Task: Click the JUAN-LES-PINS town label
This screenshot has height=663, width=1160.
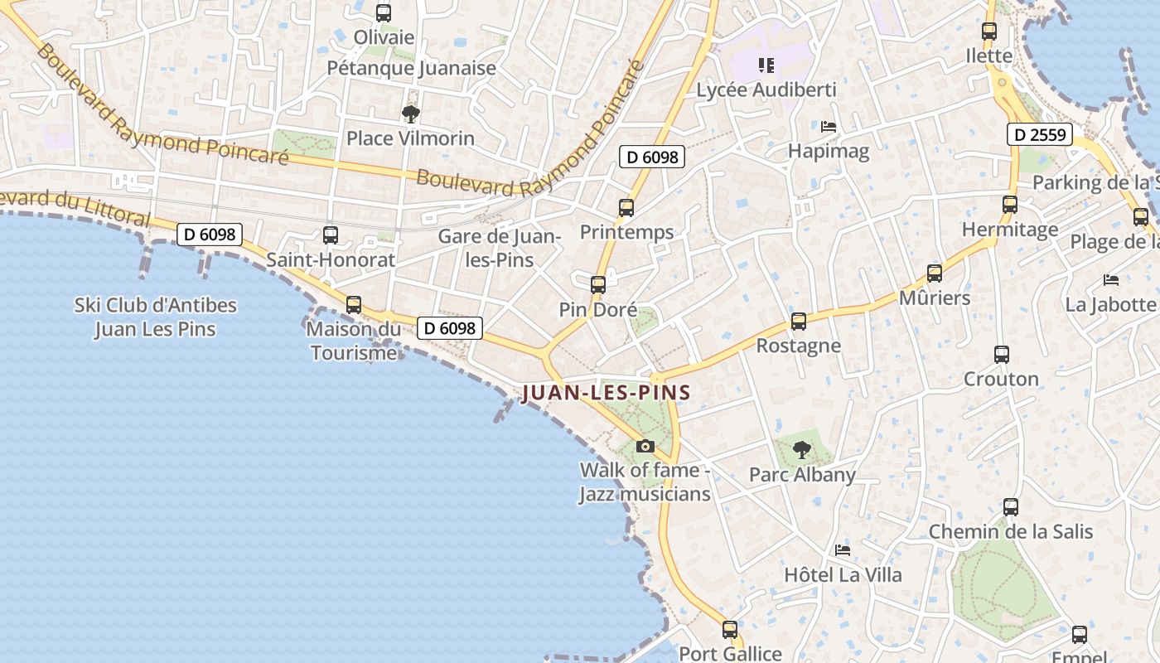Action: click(x=607, y=393)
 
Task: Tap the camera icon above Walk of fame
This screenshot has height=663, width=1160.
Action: click(x=645, y=447)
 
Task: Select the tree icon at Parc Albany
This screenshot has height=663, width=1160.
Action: click(x=801, y=450)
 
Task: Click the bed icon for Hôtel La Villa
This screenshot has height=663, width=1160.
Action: click(x=843, y=549)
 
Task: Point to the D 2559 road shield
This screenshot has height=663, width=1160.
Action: click(x=1040, y=134)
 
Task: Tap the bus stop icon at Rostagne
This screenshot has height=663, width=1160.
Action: click(x=799, y=322)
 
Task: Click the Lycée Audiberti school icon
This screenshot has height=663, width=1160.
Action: click(x=766, y=65)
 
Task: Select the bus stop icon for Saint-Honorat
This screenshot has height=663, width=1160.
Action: click(x=331, y=235)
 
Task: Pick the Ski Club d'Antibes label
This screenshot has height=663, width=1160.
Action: click(x=156, y=317)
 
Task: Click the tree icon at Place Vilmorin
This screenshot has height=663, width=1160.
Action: click(x=410, y=114)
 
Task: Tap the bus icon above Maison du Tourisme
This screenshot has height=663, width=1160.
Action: click(x=354, y=305)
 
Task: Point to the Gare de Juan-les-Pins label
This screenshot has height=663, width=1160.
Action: click(x=499, y=248)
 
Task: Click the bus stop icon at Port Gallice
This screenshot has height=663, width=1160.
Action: click(x=730, y=630)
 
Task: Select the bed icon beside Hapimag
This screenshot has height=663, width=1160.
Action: click(x=829, y=127)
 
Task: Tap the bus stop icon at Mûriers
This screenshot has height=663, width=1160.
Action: click(x=935, y=273)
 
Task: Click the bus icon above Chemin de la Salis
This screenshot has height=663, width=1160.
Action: click(x=1011, y=507)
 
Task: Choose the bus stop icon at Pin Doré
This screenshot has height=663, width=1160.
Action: click(x=598, y=285)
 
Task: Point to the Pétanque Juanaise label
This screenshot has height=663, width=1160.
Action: click(x=411, y=68)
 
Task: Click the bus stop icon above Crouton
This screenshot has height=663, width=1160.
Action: click(x=1001, y=355)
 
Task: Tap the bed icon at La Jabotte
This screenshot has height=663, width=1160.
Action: click(x=1111, y=280)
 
